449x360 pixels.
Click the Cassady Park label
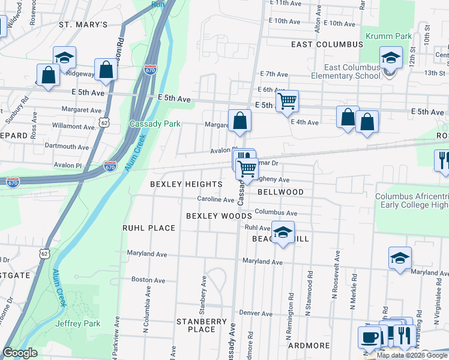[155, 124]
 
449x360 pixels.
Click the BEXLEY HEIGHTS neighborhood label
[186, 184]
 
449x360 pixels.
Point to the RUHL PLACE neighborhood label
[149, 228]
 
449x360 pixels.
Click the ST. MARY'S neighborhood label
[83, 25]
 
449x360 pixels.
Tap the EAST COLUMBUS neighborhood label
[327, 44]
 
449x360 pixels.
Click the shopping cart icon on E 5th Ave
[288, 102]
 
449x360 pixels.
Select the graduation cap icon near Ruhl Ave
[282, 233]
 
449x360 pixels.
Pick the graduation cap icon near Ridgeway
[64, 58]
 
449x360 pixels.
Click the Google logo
[20, 353]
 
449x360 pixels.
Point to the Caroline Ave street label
[216, 199]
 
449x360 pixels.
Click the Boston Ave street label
[148, 280]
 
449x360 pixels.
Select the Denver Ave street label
[256, 313]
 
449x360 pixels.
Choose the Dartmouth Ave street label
[67, 146]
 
